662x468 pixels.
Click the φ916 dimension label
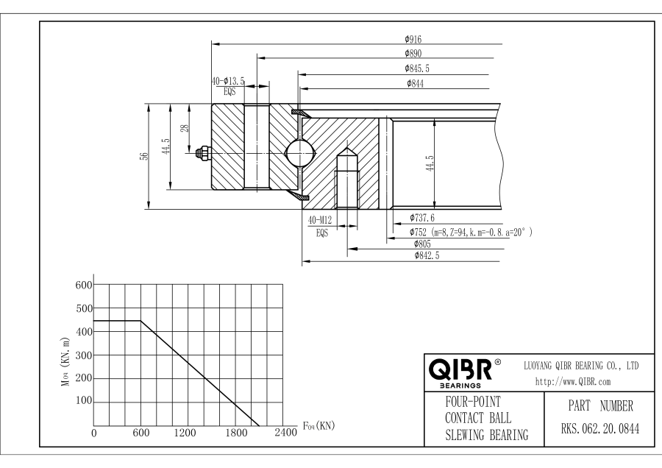(412, 39)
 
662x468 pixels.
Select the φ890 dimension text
(412, 53)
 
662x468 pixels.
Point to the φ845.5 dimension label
(416, 68)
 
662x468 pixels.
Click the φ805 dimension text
(421, 244)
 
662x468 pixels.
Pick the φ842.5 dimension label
(427, 255)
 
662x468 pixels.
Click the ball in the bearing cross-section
(299, 153)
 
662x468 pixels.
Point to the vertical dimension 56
(145, 156)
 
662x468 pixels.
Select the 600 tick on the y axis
(85, 285)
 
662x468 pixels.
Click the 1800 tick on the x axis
(237, 433)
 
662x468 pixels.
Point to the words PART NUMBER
(595, 405)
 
